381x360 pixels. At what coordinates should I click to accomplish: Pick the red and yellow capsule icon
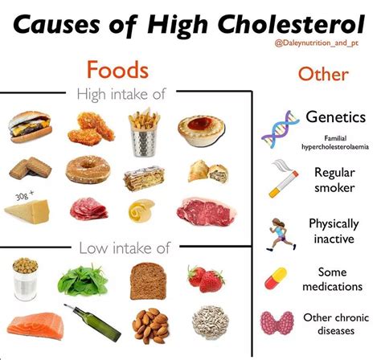click(278, 279)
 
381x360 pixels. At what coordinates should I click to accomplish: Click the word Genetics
click(335, 117)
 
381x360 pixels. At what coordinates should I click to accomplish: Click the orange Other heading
click(322, 75)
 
